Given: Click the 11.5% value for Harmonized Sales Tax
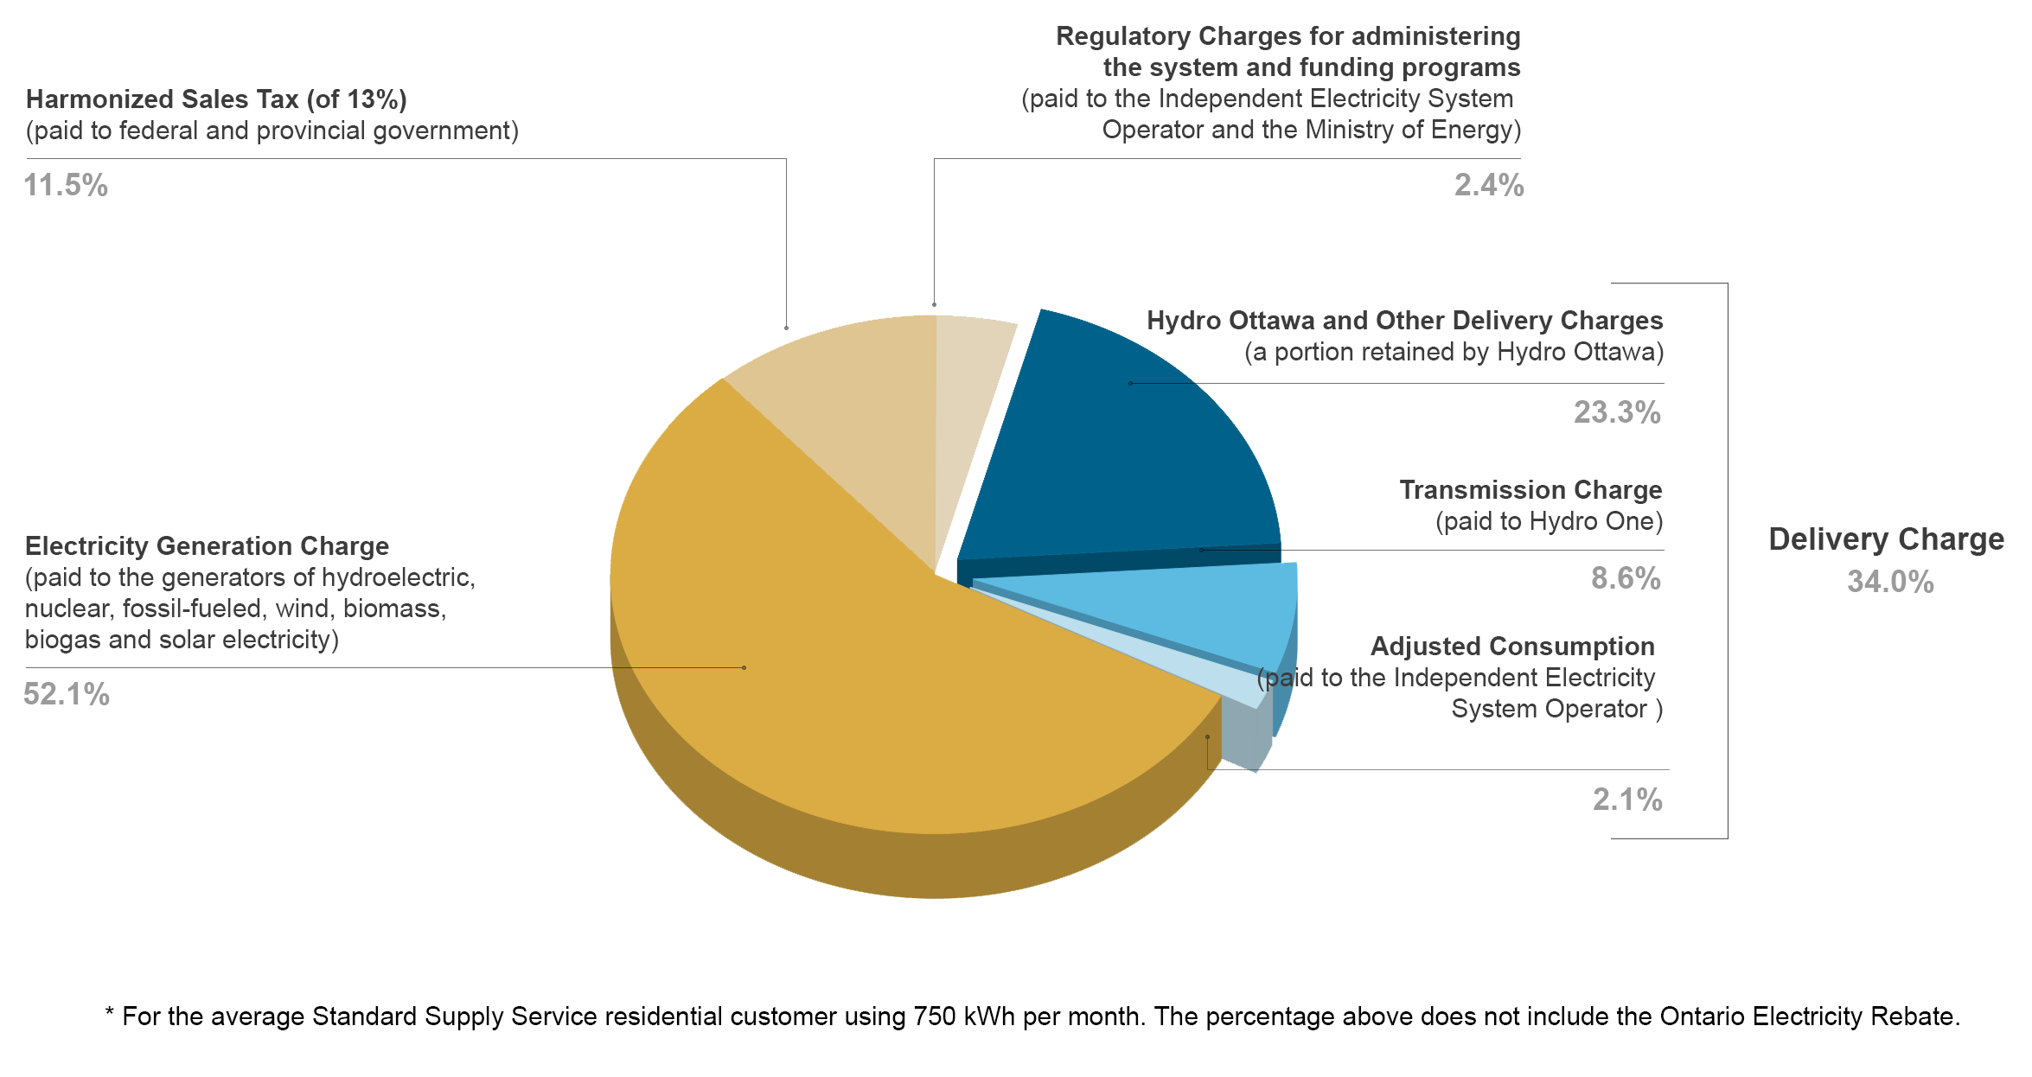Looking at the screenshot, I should tap(66, 186).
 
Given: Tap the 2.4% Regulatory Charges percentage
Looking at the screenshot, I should tap(1488, 186).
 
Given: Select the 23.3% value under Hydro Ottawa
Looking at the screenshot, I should tap(1616, 413).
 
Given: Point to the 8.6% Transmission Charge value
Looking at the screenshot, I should tap(1625, 579).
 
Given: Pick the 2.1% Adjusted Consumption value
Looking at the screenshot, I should tap(1626, 800).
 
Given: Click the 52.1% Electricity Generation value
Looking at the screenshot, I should tap(67, 695).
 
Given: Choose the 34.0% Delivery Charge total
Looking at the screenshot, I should tap(1890, 583).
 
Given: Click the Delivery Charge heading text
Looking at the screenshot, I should tap(1886, 539).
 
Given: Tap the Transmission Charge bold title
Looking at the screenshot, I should tap(1530, 490).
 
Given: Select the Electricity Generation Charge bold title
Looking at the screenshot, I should tap(207, 546).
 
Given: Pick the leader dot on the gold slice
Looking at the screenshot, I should tap(744, 667).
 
